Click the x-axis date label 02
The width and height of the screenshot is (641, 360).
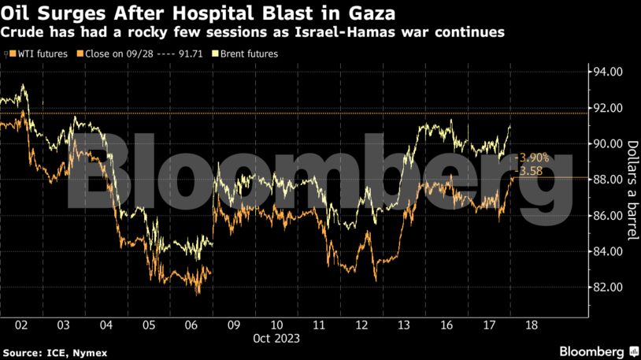pyautogui.click(x=21, y=325)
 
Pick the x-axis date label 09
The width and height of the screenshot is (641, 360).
pyautogui.click(x=233, y=325)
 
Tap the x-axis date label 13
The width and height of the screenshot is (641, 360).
pyautogui.click(x=403, y=325)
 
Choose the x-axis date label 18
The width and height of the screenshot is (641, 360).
pyautogui.click(x=531, y=325)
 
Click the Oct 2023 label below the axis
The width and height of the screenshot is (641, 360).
pyautogui.click(x=276, y=338)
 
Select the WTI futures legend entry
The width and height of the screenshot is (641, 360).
pyautogui.click(x=39, y=54)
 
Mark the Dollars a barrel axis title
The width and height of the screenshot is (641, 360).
pyautogui.click(x=632, y=180)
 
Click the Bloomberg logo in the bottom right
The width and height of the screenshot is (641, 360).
pyautogui.click(x=598, y=351)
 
